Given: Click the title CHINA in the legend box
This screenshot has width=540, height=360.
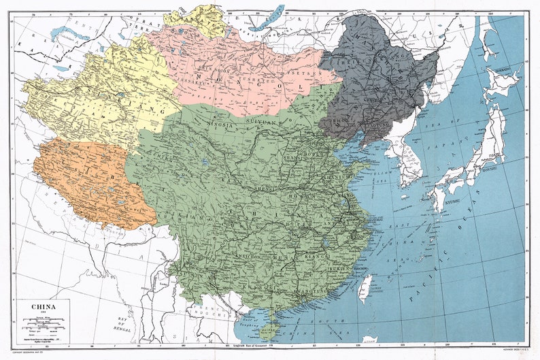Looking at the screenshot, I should click(x=42, y=306).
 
